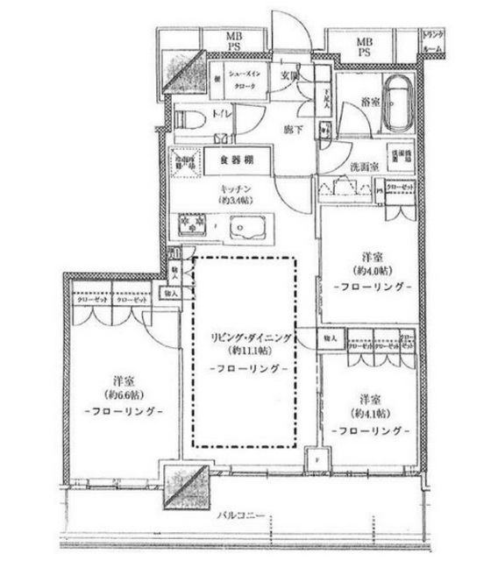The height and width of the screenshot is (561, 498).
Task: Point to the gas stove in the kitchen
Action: [x=192, y=226]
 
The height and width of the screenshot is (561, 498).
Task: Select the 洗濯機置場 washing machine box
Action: [x=401, y=156]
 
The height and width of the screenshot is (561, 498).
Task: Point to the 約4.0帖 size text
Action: [x=372, y=272]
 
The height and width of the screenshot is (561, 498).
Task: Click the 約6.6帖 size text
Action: [x=122, y=395]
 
